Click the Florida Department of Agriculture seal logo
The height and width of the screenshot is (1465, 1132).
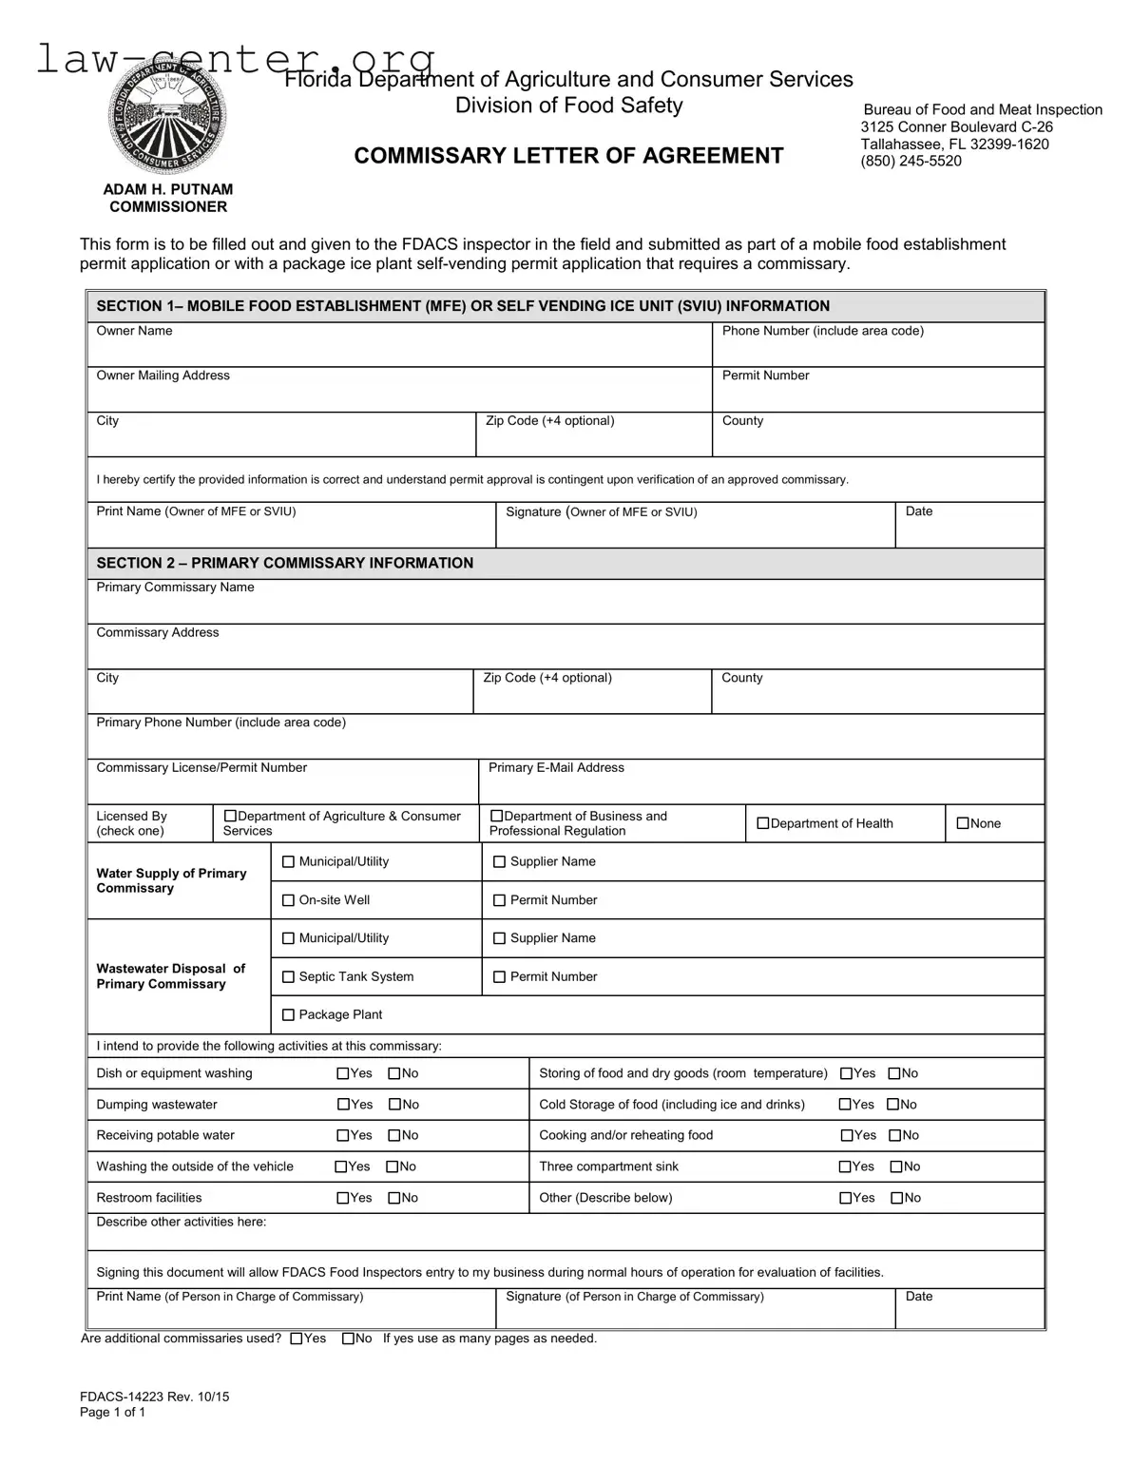(167, 118)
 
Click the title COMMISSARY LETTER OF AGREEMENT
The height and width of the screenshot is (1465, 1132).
(568, 156)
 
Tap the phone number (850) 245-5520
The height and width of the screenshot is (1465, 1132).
(911, 161)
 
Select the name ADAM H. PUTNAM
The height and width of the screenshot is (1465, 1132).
(167, 189)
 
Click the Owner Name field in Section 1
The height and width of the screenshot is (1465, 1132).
(399, 349)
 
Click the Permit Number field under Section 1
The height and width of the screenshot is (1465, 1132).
(877, 394)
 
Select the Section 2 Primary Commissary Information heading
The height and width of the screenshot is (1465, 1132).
(284, 563)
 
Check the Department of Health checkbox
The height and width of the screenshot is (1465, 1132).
(762, 823)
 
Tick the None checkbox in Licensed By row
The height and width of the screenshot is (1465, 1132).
(963, 823)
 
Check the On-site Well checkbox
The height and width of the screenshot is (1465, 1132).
(289, 900)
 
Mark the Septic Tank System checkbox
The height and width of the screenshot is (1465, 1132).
(289, 977)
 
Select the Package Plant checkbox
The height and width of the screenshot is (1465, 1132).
(289, 1015)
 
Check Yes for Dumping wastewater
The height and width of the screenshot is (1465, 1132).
(344, 1105)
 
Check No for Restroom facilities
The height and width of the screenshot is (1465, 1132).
(393, 1198)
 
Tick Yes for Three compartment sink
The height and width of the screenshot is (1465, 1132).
(845, 1166)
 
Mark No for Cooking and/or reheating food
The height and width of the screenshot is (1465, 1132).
(894, 1135)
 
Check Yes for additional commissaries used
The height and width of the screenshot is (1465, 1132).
(297, 1339)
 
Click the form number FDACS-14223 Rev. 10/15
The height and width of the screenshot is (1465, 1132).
(154, 1397)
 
